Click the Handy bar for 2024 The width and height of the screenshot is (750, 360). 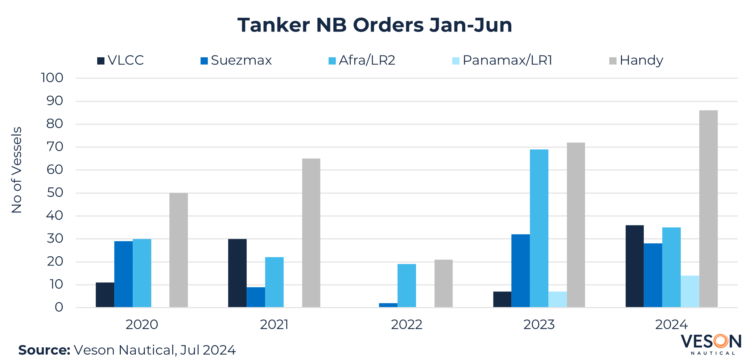pyautogui.click(x=708, y=209)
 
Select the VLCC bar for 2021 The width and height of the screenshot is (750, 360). pyautogui.click(x=237, y=273)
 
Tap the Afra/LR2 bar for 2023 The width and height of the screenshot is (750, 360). pyautogui.click(x=539, y=228)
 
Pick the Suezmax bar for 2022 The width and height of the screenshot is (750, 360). pyautogui.click(x=388, y=305)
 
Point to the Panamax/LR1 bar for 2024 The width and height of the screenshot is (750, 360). pyautogui.click(x=690, y=291)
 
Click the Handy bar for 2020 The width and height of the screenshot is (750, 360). pyautogui.click(x=178, y=250)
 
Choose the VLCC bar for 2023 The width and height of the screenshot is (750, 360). pyautogui.click(x=502, y=299)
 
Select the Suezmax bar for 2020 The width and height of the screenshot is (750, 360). pyautogui.click(x=123, y=274)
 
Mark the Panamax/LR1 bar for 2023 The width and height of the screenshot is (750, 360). pyautogui.click(x=557, y=299)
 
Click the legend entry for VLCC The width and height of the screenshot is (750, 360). pyautogui.click(x=120, y=61)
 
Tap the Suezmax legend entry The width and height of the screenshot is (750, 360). pyautogui.click(x=236, y=61)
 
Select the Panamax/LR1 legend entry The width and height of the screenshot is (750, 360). pyautogui.click(x=502, y=61)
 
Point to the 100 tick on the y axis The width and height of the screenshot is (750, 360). pyautogui.click(x=52, y=78)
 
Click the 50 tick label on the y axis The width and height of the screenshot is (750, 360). pyautogui.click(x=55, y=193)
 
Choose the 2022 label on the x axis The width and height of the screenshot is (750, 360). pyautogui.click(x=407, y=324)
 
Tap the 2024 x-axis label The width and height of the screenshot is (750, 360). pyautogui.click(x=671, y=324)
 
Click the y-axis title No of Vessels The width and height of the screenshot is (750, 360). pyautogui.click(x=17, y=170)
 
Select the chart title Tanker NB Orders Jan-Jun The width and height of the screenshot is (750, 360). pyautogui.click(x=375, y=25)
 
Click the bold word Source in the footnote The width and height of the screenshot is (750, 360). pyautogui.click(x=44, y=350)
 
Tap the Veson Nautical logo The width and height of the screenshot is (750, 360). pyautogui.click(x=710, y=344)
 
